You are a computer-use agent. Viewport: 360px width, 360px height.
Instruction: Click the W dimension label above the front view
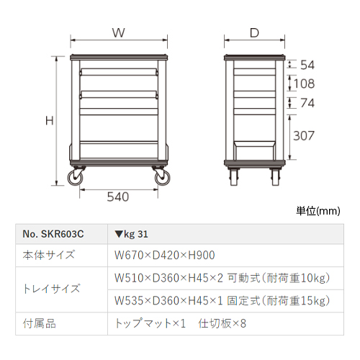[119, 32]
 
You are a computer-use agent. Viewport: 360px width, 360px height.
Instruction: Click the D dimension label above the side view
[254, 33]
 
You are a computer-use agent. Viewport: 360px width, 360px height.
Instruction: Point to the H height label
[50, 120]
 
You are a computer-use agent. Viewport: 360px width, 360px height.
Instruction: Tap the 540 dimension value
[118, 197]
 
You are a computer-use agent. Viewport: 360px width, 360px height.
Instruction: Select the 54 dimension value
[307, 65]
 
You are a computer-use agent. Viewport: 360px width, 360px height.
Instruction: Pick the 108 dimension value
[304, 84]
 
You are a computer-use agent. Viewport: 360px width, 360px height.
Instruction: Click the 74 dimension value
[307, 103]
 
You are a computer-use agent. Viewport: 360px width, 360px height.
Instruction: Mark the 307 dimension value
[304, 136]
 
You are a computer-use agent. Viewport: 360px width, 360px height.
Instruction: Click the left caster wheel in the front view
[76, 178]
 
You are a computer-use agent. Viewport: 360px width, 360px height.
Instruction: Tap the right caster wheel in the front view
[162, 178]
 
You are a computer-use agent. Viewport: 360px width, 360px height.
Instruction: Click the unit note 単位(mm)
[318, 211]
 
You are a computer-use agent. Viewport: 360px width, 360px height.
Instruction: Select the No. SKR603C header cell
[53, 234]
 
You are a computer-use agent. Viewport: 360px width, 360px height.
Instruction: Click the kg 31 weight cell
[131, 234]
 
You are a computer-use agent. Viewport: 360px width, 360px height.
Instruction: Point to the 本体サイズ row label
[49, 255]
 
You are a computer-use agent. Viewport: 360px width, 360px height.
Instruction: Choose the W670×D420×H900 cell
[165, 256]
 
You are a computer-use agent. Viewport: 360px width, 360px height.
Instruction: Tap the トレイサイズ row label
[51, 289]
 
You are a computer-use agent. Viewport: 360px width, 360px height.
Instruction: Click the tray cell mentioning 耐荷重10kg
[222, 278]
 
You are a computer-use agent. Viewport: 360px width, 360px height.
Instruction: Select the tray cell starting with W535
[222, 301]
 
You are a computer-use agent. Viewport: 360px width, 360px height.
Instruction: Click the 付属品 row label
[40, 323]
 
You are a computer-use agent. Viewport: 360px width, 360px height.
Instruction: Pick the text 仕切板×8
[222, 323]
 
